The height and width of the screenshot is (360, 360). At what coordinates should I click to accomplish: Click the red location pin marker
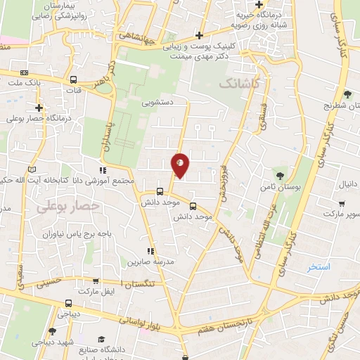pyautogui.click(x=181, y=166)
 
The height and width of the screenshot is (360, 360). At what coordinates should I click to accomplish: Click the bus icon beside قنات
pyautogui.click(x=74, y=79)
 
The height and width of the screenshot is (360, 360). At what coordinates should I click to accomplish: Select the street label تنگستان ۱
pyautogui.click(x=141, y=283)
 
